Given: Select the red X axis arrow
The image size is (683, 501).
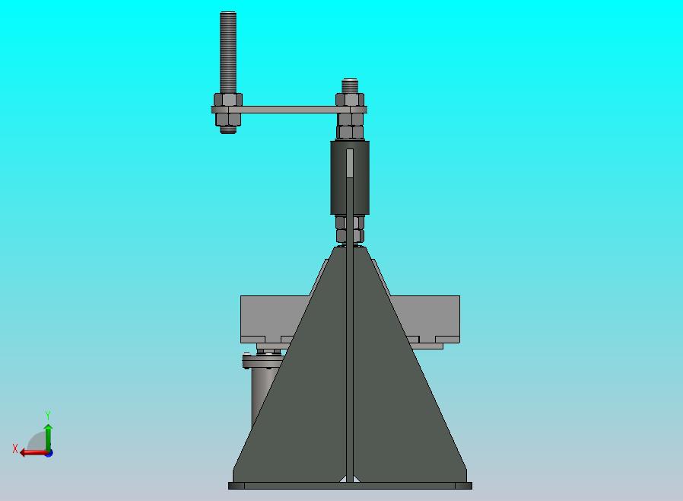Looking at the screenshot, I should [30, 452].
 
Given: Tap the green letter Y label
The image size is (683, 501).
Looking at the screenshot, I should [48, 416].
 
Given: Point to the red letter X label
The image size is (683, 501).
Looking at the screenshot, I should [15, 448].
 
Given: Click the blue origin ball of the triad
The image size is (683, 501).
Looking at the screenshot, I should [49, 453].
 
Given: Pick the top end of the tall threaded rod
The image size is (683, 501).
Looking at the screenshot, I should [228, 14].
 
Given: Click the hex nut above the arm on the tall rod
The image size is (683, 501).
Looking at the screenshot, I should [228, 99].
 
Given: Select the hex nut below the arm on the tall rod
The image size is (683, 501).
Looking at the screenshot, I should [228, 119].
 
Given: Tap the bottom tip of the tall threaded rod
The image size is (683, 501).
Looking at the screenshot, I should [228, 131].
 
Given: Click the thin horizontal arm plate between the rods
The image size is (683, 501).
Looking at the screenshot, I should [289, 110].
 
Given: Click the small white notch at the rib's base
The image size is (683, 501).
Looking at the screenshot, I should [350, 478].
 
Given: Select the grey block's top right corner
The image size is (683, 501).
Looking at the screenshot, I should [458, 298].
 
